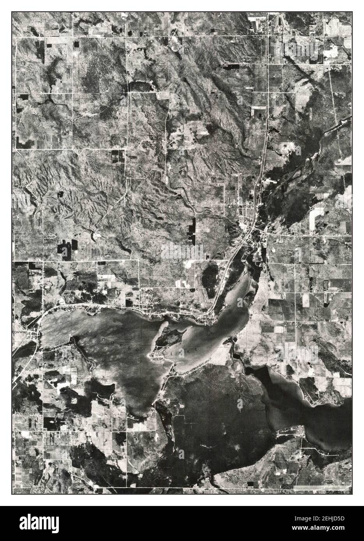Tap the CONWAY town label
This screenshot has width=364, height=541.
[19, 328]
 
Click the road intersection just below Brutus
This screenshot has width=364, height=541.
[267, 36]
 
